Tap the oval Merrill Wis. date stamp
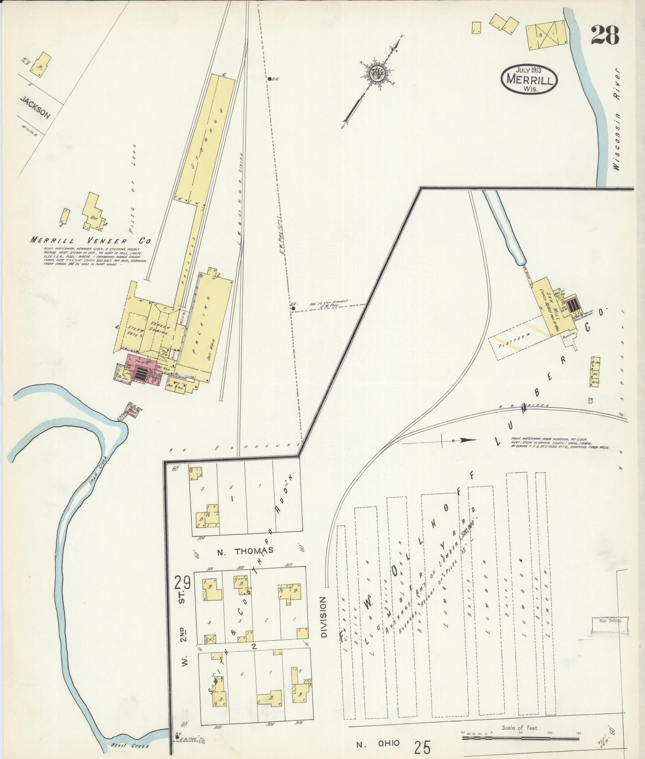(529, 79)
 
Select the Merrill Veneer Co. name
(92, 241)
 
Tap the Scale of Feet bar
(520, 738)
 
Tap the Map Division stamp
(610, 632)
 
